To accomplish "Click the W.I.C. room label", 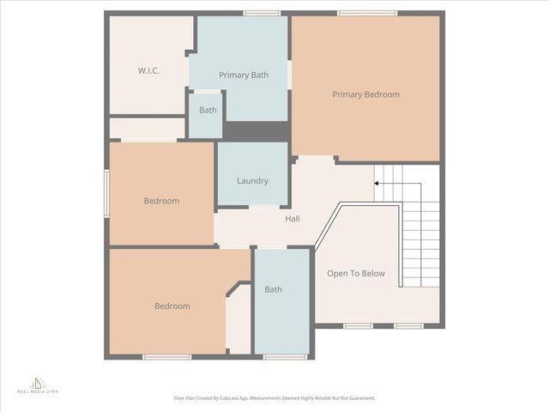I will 149,70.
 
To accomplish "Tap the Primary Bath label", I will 244,76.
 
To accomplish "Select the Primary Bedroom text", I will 365,94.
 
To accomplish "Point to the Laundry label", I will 252,181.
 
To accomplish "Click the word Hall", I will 293,219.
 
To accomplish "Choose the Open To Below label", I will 356,274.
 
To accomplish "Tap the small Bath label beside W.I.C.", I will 208,110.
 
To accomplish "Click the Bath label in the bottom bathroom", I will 273,289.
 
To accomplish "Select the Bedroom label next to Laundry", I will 161,201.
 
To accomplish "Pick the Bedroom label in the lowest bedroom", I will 172,306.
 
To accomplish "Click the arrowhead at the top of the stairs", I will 377,183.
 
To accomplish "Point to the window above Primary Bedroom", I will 367,13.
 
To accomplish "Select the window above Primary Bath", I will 262,13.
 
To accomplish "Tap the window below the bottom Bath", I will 285,356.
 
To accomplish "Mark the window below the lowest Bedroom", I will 166,356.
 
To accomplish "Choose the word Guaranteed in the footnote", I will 359,398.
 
